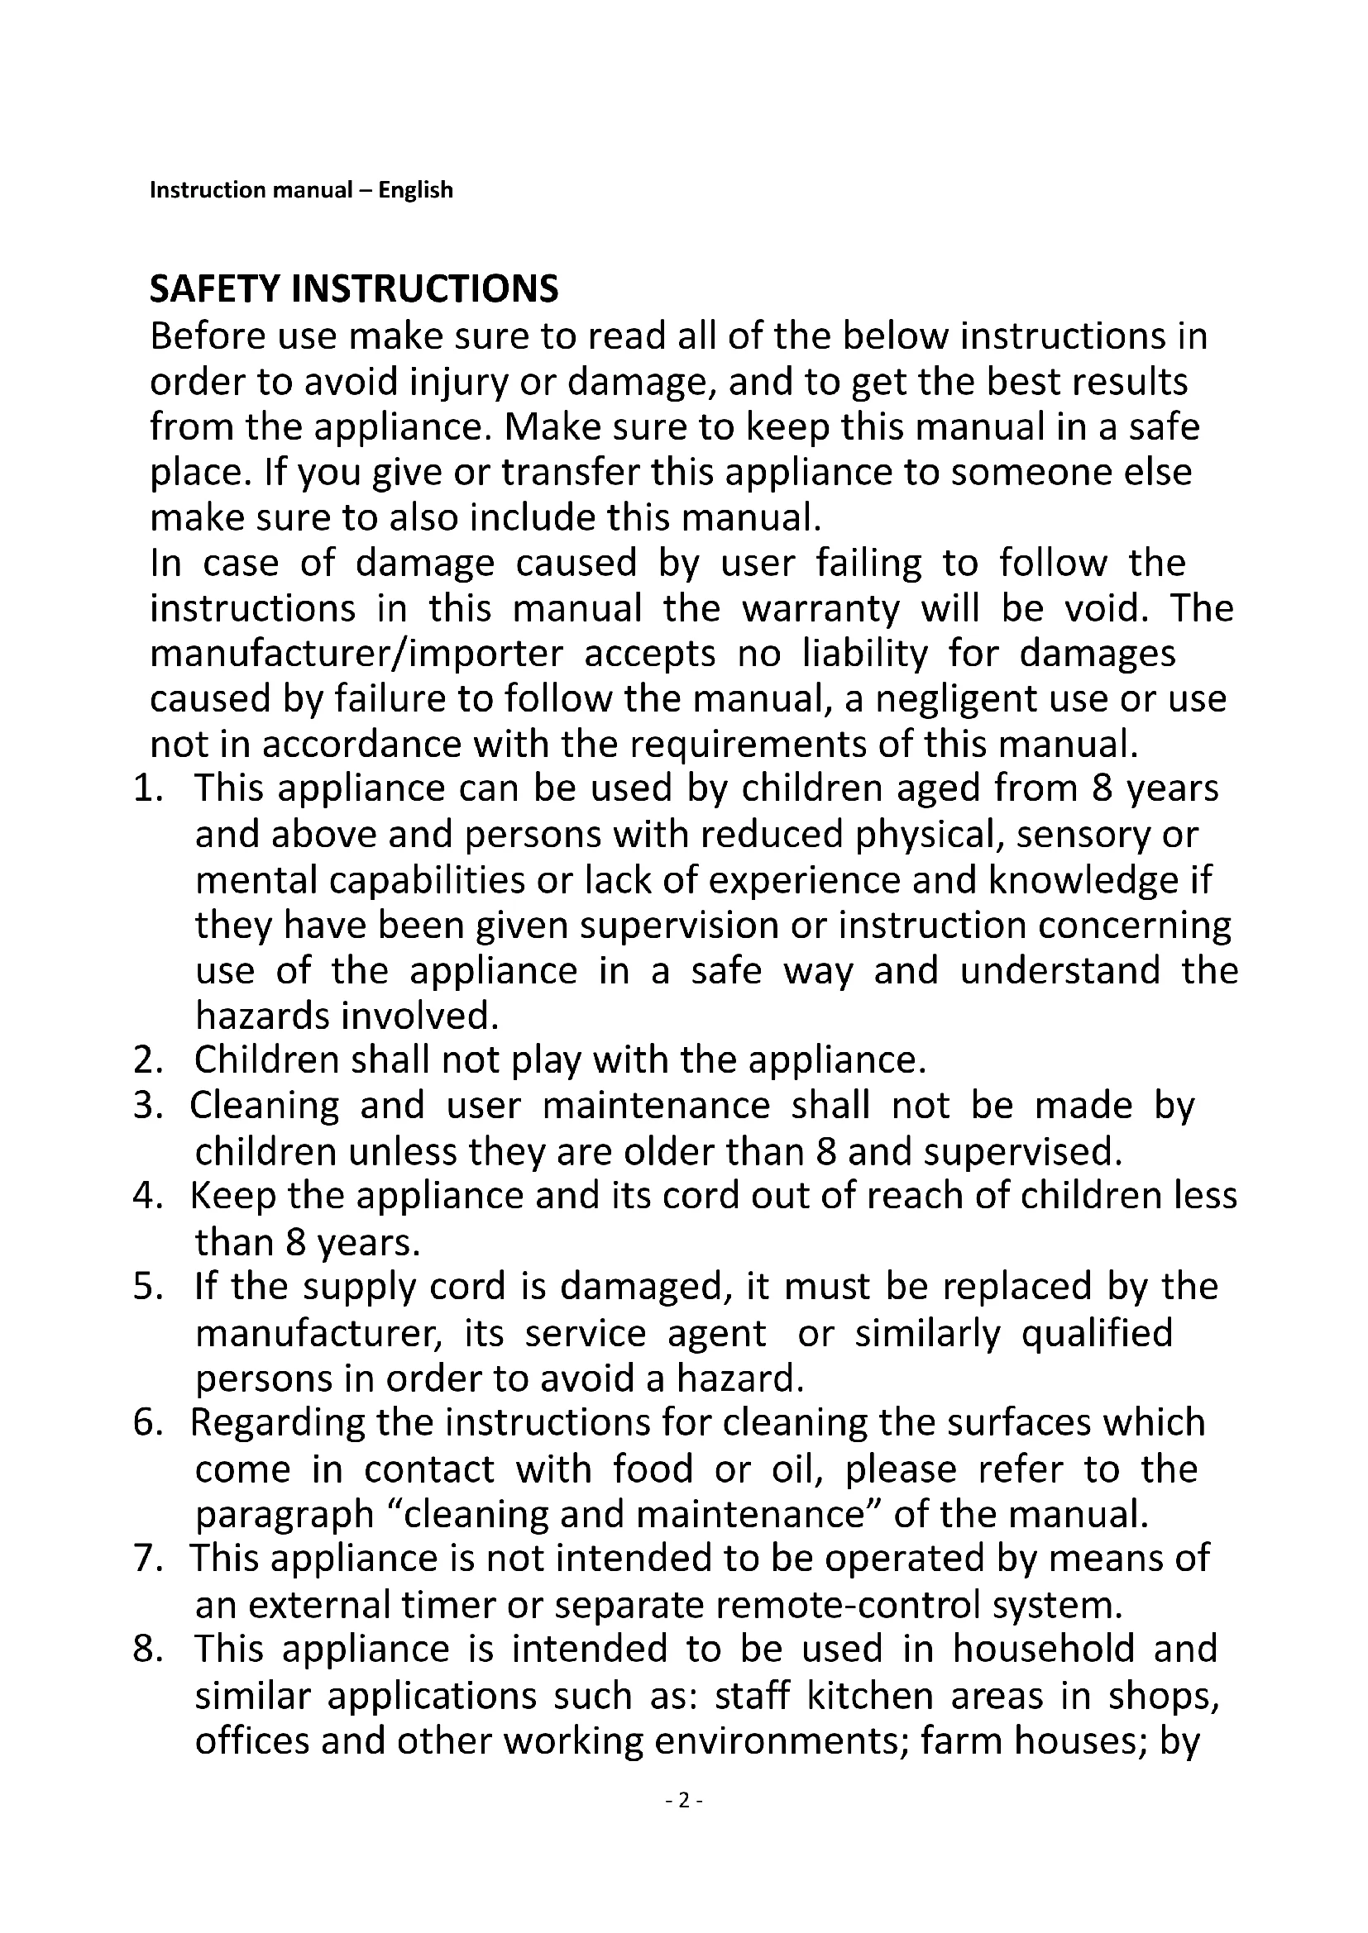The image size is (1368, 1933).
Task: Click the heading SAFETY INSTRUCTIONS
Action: [354, 288]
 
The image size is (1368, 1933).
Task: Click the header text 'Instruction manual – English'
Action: [301, 190]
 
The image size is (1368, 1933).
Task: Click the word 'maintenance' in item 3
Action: [656, 1106]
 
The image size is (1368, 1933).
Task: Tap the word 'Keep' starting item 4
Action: [232, 1197]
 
